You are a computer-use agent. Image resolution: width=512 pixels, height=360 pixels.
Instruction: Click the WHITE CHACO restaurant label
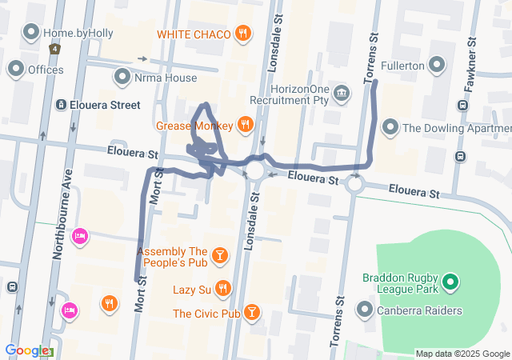click(194, 34)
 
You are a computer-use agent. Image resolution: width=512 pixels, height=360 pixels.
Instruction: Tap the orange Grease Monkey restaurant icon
click(245, 125)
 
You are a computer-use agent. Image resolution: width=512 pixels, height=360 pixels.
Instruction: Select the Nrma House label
click(165, 78)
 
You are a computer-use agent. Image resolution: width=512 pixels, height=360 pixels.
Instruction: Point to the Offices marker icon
click(15, 70)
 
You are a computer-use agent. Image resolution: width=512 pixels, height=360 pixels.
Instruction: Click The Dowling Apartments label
click(456, 127)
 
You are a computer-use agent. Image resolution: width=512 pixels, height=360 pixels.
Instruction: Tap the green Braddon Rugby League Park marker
click(450, 281)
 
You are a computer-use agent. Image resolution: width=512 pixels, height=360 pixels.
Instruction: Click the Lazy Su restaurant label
click(192, 288)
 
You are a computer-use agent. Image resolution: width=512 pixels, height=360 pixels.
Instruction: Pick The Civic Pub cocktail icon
click(251, 312)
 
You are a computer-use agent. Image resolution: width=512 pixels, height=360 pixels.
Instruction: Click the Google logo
click(27, 350)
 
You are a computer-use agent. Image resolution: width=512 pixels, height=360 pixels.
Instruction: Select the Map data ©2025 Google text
click(462, 354)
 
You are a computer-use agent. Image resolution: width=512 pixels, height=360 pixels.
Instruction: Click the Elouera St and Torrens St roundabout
click(354, 185)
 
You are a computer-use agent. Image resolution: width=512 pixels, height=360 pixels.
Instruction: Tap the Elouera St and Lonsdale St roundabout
click(255, 171)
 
